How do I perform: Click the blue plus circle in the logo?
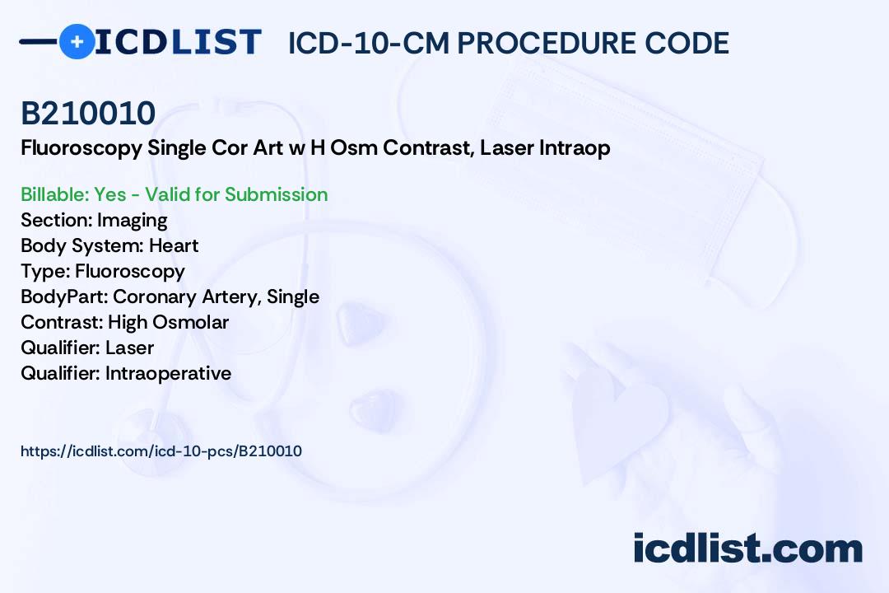pyautogui.click(x=77, y=41)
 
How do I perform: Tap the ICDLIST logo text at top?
pyautogui.click(x=178, y=42)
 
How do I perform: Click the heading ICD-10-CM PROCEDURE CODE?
pyautogui.click(x=508, y=43)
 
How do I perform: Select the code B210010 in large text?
pyautogui.click(x=88, y=114)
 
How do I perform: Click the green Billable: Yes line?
pyautogui.click(x=174, y=194)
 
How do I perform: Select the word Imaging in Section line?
pyautogui.click(x=132, y=220)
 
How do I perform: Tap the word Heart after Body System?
pyautogui.click(x=174, y=245)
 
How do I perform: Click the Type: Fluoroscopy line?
pyautogui.click(x=103, y=271)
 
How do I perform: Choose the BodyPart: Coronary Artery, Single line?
pyautogui.click(x=170, y=296)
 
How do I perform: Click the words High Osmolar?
pyautogui.click(x=168, y=322)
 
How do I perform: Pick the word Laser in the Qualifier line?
pyautogui.click(x=129, y=348)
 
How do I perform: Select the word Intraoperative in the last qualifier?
pyautogui.click(x=168, y=373)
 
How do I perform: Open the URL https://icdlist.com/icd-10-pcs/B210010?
pyautogui.click(x=161, y=451)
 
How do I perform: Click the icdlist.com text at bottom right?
pyautogui.click(x=747, y=549)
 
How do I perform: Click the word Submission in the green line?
pyautogui.click(x=276, y=194)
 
